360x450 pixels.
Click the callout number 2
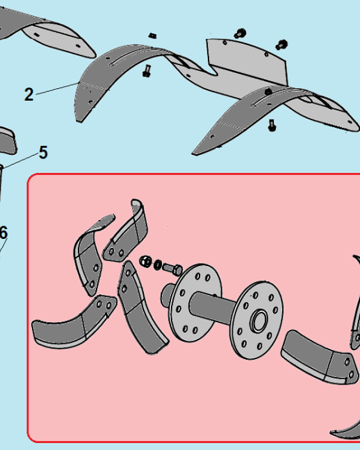click(x=29, y=94)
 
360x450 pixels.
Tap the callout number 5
click(x=43, y=152)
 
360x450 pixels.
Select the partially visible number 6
click(x=4, y=233)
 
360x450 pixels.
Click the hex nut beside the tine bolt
click(x=145, y=261)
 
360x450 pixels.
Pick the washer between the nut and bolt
click(x=158, y=265)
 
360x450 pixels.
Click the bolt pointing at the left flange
click(x=172, y=269)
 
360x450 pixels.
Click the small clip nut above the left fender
click(x=153, y=36)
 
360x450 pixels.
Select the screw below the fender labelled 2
click(x=147, y=71)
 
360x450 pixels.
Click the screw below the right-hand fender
click(x=272, y=125)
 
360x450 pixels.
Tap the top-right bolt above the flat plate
click(x=282, y=44)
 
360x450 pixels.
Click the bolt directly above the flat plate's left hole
click(x=240, y=34)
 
